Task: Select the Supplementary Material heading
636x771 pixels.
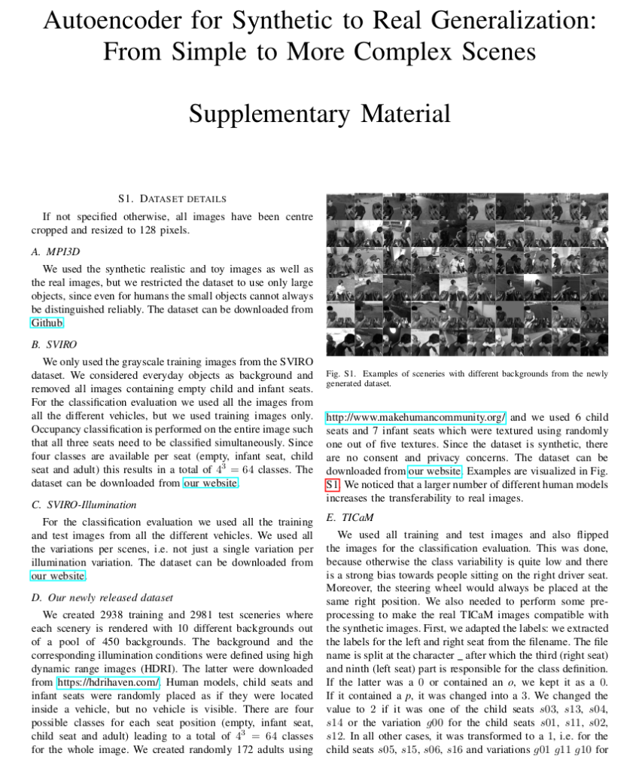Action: tap(319, 114)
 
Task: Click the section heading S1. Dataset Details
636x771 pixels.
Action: tap(172, 199)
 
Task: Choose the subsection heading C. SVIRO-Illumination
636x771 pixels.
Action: tap(84, 504)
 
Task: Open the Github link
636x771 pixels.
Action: tap(47, 322)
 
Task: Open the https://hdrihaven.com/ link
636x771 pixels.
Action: tap(108, 682)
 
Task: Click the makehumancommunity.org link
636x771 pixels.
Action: tap(415, 417)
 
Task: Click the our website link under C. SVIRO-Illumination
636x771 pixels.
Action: tap(58, 576)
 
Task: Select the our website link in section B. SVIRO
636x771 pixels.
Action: tap(210, 483)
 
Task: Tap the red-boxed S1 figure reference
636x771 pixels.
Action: tap(333, 485)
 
